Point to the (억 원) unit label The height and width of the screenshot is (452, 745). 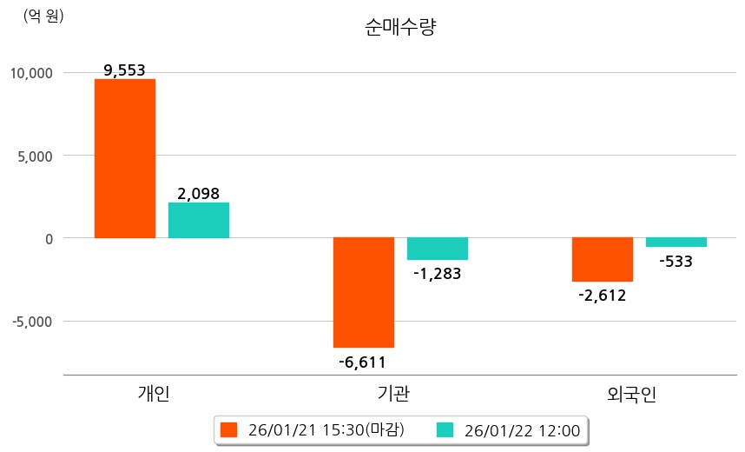click(x=43, y=16)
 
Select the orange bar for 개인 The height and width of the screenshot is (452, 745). click(x=125, y=158)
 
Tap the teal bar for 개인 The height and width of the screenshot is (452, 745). click(x=199, y=220)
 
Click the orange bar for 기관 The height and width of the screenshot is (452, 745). click(x=364, y=292)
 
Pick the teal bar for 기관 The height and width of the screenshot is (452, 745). click(x=438, y=249)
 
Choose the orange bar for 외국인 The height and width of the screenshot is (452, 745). click(x=602, y=259)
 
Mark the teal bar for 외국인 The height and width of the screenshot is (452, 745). click(x=676, y=243)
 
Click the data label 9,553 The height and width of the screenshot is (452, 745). click(x=124, y=71)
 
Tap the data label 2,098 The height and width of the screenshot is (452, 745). click(x=199, y=194)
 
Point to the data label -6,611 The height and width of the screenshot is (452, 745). click(x=364, y=362)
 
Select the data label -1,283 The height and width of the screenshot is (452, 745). click(x=438, y=274)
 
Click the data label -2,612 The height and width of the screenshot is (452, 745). click(x=602, y=295)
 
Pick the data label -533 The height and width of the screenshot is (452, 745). click(x=676, y=261)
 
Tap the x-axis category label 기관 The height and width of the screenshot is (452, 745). click(x=394, y=394)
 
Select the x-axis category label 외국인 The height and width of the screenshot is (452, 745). click(x=632, y=395)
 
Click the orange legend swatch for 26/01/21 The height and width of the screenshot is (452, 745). click(x=228, y=429)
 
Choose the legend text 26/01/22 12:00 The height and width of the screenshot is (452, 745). click(x=522, y=429)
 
